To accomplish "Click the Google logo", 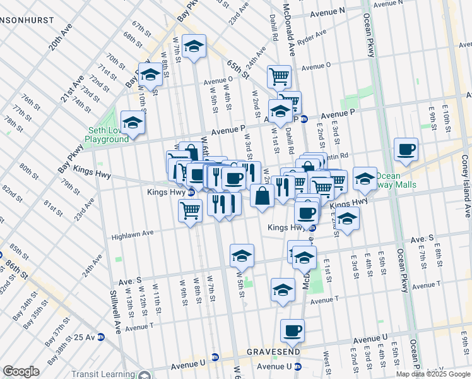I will (21, 371).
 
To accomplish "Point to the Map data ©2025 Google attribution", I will (433, 374).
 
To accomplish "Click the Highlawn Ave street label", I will (133, 235).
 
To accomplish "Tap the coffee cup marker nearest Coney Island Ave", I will (406, 150).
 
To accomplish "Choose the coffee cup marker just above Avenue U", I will (292, 330).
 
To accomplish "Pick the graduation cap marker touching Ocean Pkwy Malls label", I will (365, 179).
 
